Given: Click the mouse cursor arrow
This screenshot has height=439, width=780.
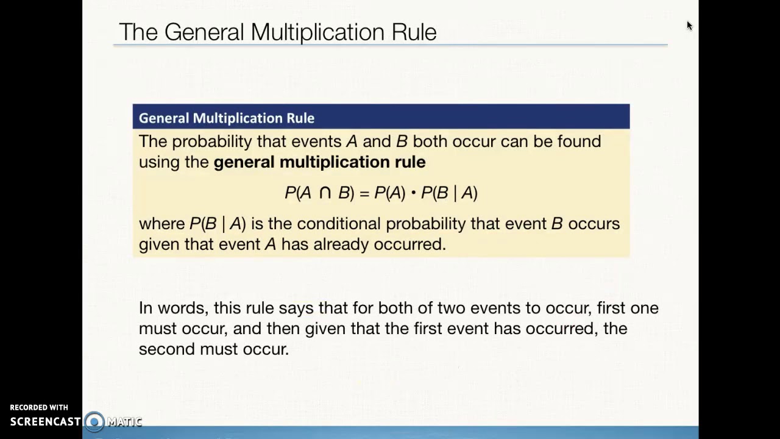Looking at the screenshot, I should (x=689, y=26).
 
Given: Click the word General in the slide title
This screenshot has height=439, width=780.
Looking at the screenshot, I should (x=204, y=32).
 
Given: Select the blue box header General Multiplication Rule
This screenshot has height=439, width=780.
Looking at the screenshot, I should (x=227, y=118).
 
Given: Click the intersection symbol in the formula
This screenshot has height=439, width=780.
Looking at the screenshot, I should (x=325, y=193).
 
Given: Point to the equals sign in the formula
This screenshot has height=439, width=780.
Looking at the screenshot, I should (x=364, y=193).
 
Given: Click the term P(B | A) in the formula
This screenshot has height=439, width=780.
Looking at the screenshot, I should (x=449, y=193).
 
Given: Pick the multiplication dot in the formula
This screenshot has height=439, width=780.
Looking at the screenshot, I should (x=413, y=193).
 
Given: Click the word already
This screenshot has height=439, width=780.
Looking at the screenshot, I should (x=341, y=244).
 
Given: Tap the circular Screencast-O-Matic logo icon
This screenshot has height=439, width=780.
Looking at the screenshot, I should (x=94, y=421).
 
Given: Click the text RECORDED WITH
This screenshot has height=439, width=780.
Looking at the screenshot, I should (x=39, y=407).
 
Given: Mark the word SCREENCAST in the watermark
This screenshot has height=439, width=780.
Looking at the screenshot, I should (x=46, y=421).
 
